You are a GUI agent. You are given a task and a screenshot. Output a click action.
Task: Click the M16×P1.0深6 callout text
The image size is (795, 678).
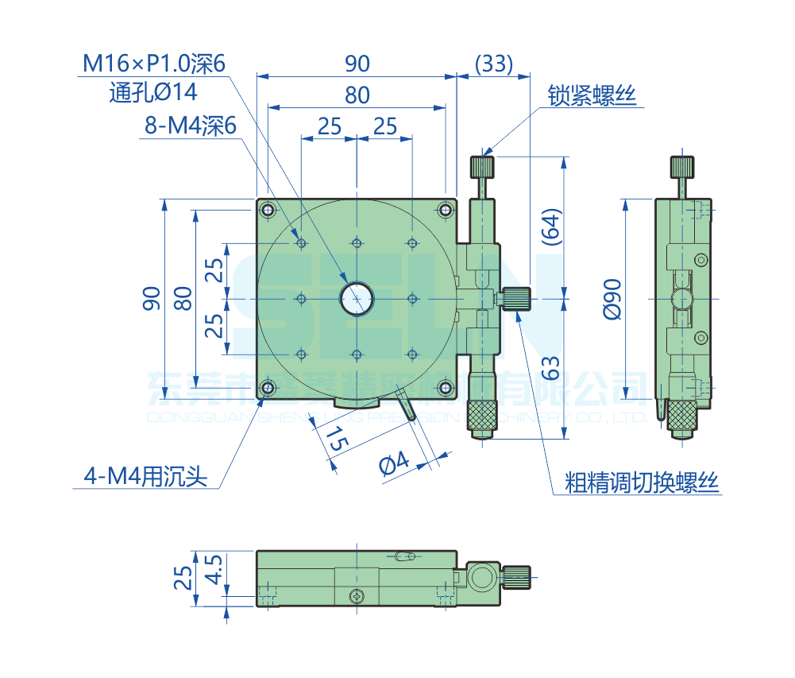[155, 63]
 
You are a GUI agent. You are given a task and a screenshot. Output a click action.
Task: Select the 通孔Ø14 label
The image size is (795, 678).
[153, 93]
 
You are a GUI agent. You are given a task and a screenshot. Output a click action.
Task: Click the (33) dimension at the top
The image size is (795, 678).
[492, 63]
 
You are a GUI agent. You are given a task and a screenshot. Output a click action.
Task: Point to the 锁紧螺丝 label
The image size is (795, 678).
[592, 96]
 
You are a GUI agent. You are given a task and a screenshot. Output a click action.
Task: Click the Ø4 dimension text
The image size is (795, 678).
[394, 463]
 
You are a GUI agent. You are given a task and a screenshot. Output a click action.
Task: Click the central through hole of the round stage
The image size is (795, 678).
[357, 298]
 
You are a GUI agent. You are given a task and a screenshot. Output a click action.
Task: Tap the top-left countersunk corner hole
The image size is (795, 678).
[268, 210]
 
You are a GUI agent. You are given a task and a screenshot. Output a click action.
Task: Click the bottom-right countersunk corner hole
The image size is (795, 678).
[446, 387]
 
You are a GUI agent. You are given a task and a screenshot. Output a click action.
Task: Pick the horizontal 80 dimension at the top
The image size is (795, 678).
[357, 95]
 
